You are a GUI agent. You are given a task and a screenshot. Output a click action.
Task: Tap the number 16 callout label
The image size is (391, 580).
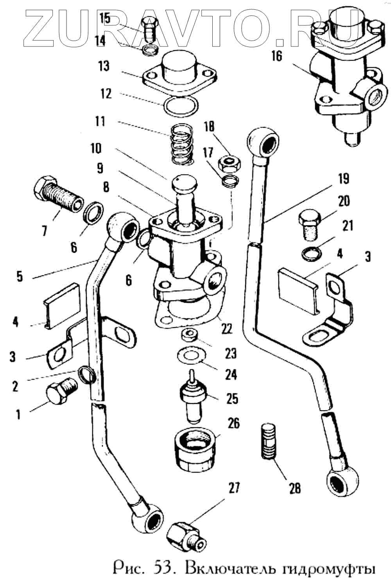tap(276, 56)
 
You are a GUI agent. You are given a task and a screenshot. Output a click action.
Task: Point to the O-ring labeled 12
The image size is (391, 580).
tap(180, 106)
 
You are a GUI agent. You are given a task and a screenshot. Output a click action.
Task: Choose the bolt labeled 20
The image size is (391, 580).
tap(309, 225)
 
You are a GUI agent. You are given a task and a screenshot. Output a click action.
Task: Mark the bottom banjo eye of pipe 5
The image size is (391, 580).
tap(148, 520)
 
